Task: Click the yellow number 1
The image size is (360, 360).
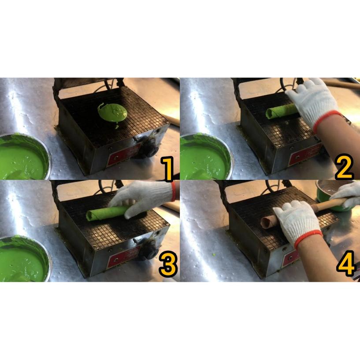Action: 168,168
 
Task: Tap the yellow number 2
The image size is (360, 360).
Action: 344,167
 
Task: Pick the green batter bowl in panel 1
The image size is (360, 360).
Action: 24,156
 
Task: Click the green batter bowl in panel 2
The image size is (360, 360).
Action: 206,157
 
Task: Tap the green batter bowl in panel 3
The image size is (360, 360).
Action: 24,259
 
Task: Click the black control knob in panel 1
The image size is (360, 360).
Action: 150,148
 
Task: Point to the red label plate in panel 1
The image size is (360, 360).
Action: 124,154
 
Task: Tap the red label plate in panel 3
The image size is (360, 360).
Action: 123,256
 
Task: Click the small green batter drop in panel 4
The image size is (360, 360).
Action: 214,255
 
